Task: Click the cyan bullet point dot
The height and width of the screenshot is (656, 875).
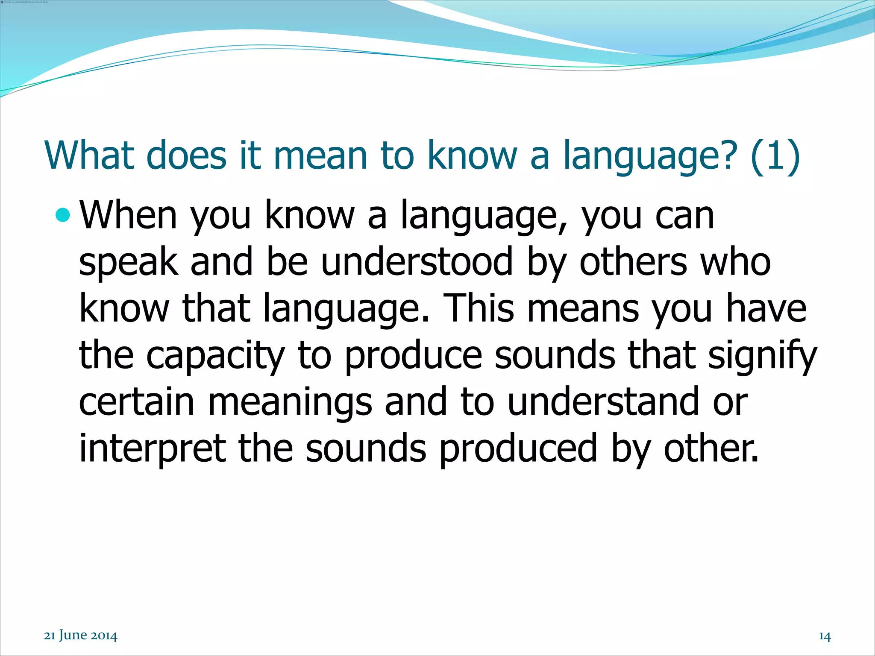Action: (63, 215)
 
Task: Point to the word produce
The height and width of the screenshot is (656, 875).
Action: (413, 357)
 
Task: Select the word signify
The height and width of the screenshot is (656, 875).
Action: (762, 357)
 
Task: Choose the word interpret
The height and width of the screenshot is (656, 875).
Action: (153, 449)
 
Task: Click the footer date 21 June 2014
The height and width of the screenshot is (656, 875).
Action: (81, 635)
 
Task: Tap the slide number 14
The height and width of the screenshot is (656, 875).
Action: (825, 636)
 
